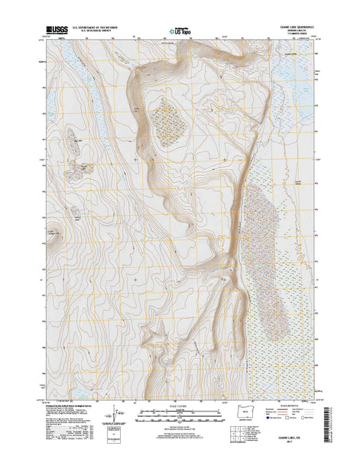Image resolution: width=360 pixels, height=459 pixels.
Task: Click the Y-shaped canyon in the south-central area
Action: (x=161, y=333)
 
